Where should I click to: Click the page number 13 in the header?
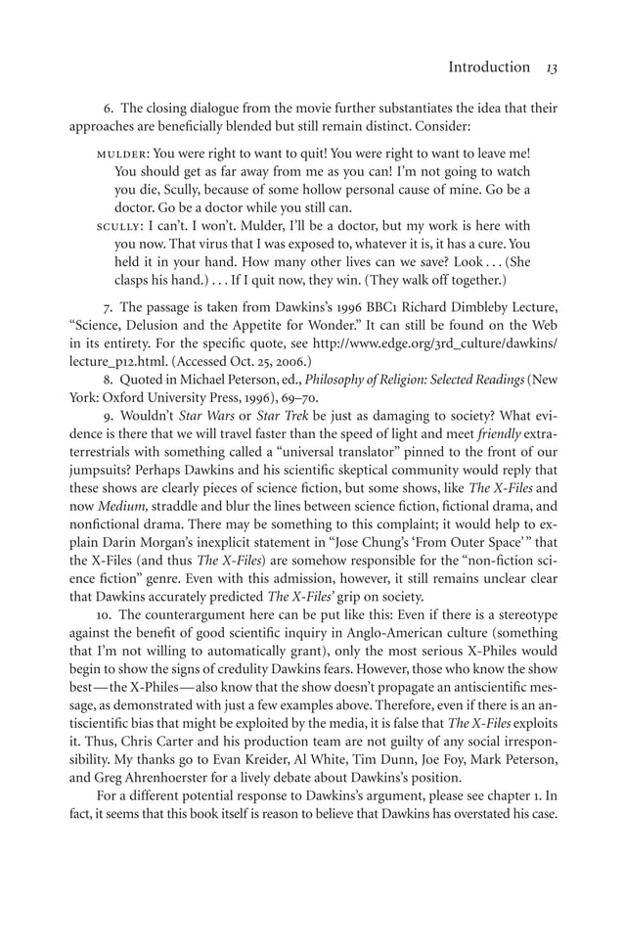pyautogui.click(x=551, y=68)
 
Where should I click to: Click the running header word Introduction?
pyautogui.click(x=488, y=68)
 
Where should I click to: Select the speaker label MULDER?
pyautogui.click(x=122, y=154)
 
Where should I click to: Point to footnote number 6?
pyautogui.click(x=108, y=108)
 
